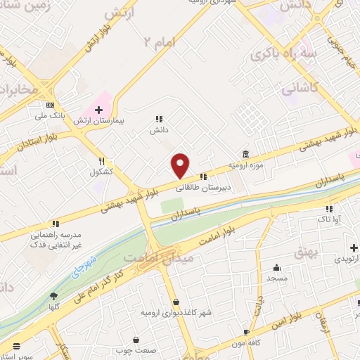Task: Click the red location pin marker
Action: [x=181, y=165]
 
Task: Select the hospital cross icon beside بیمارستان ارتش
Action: [x=98, y=110]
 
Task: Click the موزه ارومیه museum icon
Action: [x=245, y=154]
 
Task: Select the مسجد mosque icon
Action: [x=277, y=267]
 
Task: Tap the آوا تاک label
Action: [x=328, y=220]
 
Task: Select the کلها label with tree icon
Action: [x=53, y=307]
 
